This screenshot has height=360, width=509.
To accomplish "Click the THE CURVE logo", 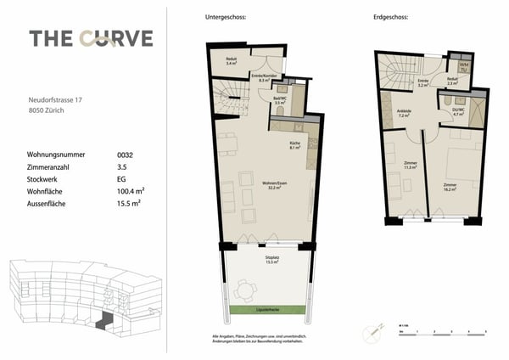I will [x=91, y=38].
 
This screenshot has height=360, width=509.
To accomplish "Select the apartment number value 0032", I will [x=125, y=155].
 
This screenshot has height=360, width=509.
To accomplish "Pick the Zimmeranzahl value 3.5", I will [x=122, y=167].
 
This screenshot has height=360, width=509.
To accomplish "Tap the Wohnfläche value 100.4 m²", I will [x=129, y=192].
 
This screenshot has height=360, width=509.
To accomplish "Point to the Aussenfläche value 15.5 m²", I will [x=128, y=204].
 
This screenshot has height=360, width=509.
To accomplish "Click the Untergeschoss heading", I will [x=226, y=18].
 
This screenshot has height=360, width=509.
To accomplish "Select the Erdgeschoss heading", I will [x=389, y=18].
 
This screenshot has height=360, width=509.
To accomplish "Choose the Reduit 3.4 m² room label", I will [x=232, y=62].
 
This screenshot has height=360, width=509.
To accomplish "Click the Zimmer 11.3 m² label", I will [x=409, y=166].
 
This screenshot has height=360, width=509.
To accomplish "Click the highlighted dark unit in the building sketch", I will [x=105, y=321].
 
